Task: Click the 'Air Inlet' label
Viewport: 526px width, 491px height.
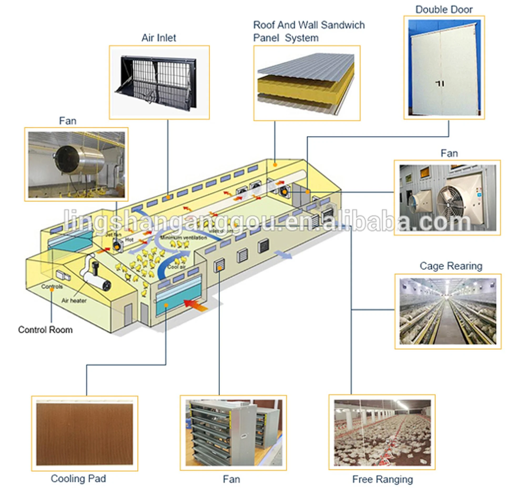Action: [x=159, y=38]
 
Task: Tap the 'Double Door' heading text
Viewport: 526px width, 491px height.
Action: [x=444, y=9]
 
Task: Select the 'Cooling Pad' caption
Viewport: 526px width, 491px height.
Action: [x=78, y=479]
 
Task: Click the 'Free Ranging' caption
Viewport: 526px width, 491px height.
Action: [x=382, y=479]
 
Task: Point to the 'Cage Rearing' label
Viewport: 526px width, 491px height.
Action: [x=451, y=266]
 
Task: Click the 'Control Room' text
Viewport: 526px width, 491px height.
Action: [x=45, y=330]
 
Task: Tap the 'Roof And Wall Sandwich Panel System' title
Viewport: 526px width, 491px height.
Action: [x=308, y=31]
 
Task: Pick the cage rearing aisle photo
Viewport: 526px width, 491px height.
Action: [x=448, y=311]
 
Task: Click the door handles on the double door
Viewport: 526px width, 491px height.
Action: [x=440, y=84]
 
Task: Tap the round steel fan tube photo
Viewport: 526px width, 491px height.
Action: [x=77, y=164]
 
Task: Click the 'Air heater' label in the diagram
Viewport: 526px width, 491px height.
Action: [x=74, y=301]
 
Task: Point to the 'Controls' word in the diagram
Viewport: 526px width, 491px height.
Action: [x=52, y=286]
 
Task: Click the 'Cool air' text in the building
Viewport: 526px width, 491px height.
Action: [x=176, y=267]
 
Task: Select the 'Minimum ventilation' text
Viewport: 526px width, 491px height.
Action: [x=184, y=238]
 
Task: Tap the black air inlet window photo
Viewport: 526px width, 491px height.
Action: [x=159, y=82]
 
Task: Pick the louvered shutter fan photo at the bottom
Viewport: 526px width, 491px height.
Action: [x=233, y=433]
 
